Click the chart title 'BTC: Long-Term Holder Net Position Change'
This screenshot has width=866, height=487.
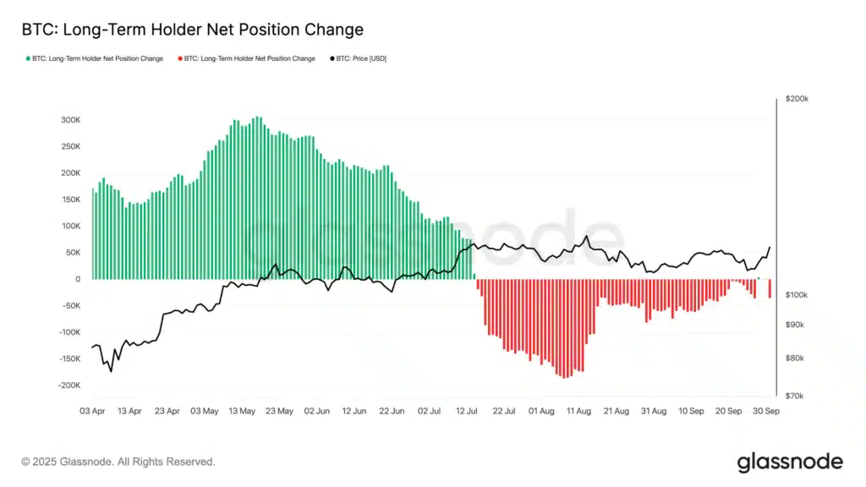(x=192, y=30)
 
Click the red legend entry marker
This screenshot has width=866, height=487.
(x=179, y=59)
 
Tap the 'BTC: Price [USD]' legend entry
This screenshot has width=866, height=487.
(x=362, y=59)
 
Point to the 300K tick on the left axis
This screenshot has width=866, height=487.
(x=70, y=120)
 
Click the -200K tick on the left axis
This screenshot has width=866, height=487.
(x=69, y=385)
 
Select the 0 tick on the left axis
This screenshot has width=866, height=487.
(x=78, y=279)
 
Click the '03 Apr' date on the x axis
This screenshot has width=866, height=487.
(x=92, y=411)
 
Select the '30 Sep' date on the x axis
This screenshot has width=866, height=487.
(x=766, y=411)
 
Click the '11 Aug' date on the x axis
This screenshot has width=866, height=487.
(x=578, y=411)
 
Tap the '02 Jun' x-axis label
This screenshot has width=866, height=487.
(x=317, y=411)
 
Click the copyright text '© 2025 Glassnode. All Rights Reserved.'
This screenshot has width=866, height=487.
(x=118, y=462)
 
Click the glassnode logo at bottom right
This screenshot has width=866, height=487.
(x=789, y=462)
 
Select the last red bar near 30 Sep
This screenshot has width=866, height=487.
(x=769, y=288)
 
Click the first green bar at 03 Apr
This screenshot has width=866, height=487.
(x=92, y=233)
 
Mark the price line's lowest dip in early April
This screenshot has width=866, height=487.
(x=111, y=370)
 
